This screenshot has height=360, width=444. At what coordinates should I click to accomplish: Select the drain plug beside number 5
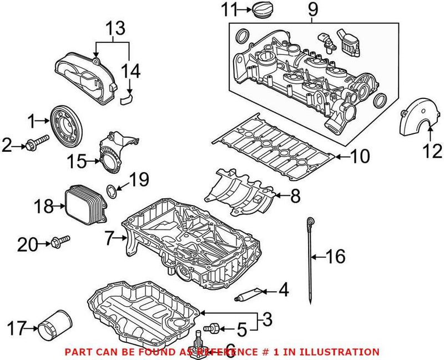point(214,328)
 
